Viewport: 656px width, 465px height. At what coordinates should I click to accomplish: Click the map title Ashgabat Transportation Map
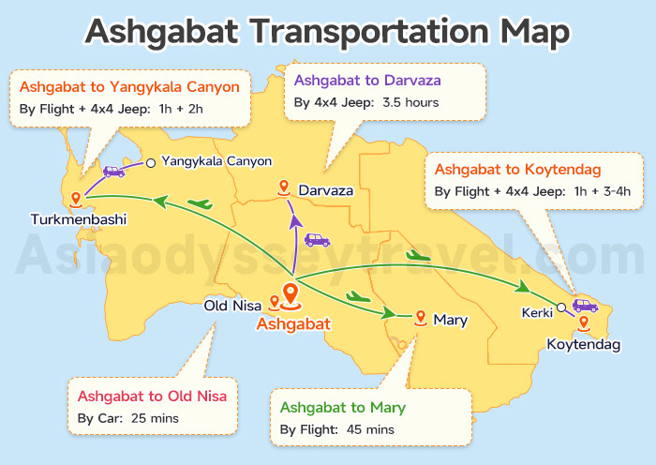pos(327,30)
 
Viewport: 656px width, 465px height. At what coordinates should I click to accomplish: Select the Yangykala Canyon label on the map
pos(216,161)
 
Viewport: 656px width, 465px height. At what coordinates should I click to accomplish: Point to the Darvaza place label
pos(326,190)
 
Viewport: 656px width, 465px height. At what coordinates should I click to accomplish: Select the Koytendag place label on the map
pos(584,345)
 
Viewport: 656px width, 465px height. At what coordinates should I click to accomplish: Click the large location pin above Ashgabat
pos(291,296)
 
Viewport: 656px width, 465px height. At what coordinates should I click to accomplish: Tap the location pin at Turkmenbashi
pos(64,198)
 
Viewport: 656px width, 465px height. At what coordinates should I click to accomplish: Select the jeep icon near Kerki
pos(585,306)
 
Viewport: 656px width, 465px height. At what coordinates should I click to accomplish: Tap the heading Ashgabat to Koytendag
pos(517,170)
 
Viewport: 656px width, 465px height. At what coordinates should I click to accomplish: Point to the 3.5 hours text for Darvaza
pos(410,101)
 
